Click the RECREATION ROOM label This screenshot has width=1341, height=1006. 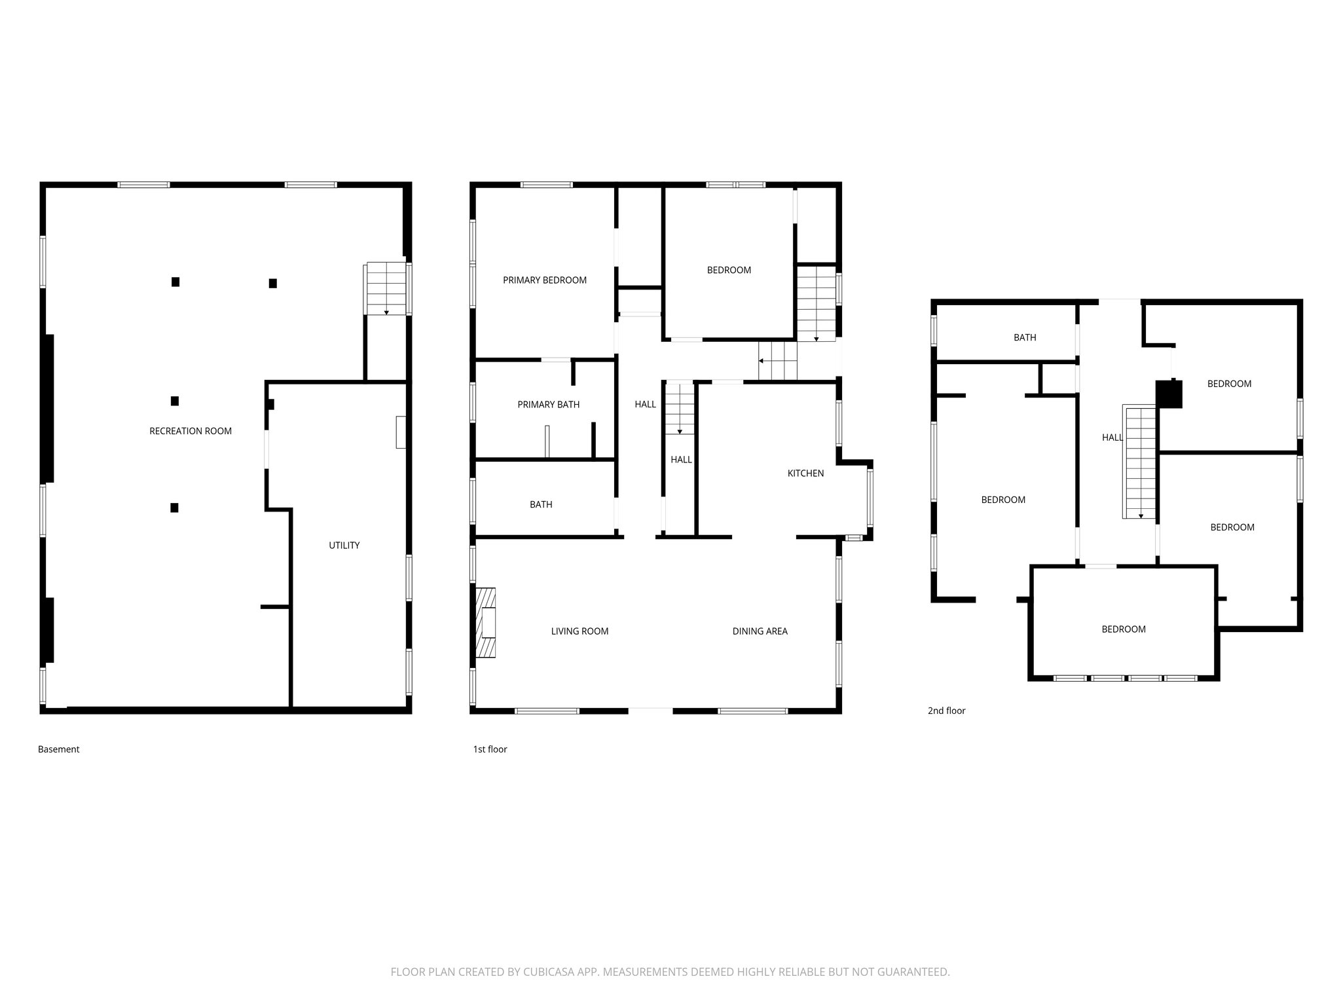pos(191,431)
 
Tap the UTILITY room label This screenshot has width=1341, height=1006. pos(344,545)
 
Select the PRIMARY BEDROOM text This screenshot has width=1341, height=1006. pos(544,280)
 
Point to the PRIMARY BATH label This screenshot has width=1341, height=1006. pos(548,405)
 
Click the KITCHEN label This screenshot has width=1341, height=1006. pos(805,473)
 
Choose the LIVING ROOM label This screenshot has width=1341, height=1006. pos(579,631)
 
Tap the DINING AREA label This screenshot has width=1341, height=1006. pos(760,631)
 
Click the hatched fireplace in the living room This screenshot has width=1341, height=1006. pos(485,622)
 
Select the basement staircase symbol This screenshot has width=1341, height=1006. pos(386,289)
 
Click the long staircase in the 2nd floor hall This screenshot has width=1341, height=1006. pos(1141,462)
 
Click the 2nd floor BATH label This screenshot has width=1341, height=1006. pos(1025,337)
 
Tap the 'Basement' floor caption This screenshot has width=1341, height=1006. pos(58,749)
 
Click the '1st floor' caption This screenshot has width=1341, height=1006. pos(490,749)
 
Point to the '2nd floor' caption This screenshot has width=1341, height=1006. pos(946,711)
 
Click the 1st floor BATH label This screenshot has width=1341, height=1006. pos(541,504)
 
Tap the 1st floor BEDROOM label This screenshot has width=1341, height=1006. pos(729,270)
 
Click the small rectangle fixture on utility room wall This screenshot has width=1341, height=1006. pos(401,432)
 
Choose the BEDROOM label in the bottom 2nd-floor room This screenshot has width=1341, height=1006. pos(1124,629)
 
